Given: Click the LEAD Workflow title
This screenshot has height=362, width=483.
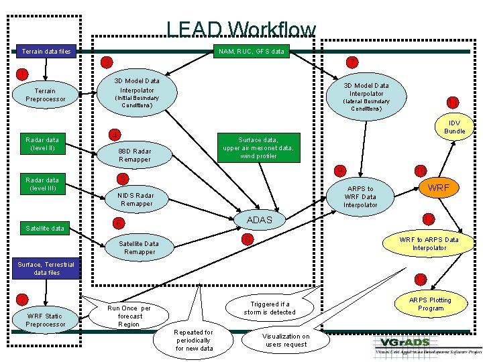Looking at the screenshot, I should pyautogui.click(x=241, y=29).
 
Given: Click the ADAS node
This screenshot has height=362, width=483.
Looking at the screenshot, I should pyautogui.click(x=260, y=220).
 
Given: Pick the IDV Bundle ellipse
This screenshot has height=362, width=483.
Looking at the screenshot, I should pyautogui.click(x=454, y=127).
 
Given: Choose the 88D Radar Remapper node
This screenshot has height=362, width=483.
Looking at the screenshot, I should pyautogui.click(x=135, y=155).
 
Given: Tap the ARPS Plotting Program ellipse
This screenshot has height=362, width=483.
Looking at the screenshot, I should pyautogui.click(x=431, y=304).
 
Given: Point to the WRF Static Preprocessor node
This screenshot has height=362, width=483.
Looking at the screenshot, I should pyautogui.click(x=46, y=320).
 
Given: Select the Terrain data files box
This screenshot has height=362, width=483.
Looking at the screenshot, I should pyautogui.click(x=46, y=51).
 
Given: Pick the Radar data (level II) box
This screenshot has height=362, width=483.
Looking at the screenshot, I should pyautogui.click(x=42, y=143).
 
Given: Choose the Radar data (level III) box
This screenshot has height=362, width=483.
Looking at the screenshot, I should pyautogui.click(x=42, y=184).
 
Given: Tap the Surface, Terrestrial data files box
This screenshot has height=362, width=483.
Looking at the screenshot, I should pyautogui.click(x=46, y=269).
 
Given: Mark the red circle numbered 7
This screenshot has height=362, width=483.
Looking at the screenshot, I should pyautogui.click(x=351, y=62).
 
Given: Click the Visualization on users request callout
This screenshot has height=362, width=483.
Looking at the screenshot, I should pyautogui.click(x=286, y=341).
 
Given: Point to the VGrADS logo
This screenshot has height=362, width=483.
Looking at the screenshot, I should pyautogui.click(x=427, y=345).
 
